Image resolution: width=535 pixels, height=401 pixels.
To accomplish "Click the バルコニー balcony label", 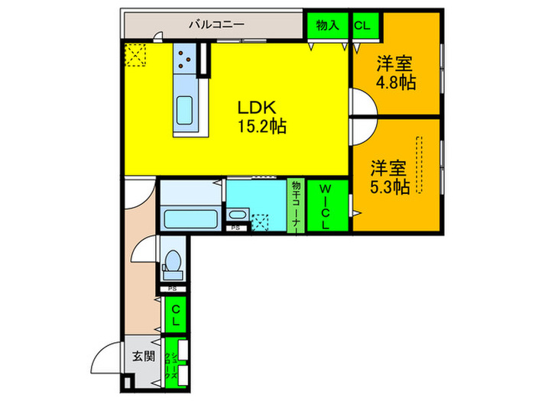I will pos(217,24).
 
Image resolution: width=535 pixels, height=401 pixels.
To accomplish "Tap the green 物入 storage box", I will pos(327,25).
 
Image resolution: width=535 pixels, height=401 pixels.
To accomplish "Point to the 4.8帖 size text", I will pos(395,82).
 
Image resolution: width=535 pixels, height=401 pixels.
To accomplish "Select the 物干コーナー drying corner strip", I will pos(295,205).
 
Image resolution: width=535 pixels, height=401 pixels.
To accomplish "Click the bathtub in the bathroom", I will pos(191,219).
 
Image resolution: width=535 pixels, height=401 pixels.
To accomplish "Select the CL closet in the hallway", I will pos(175,315).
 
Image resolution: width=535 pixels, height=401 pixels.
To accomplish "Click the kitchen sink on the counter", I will pos(186,112).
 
